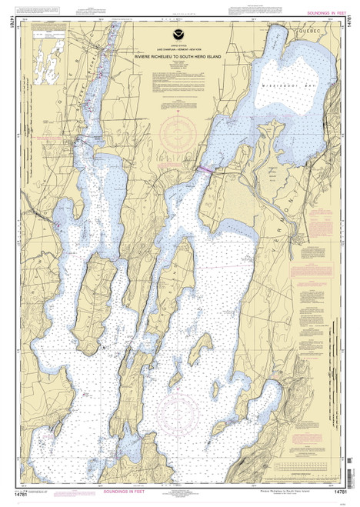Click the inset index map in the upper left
click(x=51, y=54)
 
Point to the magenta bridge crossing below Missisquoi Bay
click(x=207, y=168)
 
